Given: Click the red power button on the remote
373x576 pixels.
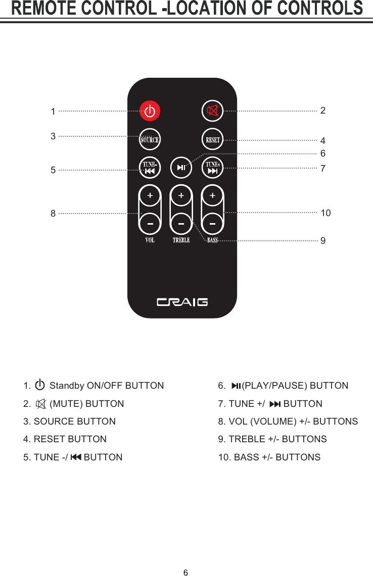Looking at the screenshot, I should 150,111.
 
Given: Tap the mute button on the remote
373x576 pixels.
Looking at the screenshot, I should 213,111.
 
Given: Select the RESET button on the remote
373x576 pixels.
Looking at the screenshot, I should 213,140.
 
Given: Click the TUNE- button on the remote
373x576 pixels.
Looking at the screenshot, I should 150,168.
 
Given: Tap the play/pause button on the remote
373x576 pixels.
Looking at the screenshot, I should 181,168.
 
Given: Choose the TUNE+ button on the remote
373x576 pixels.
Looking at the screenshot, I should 213,168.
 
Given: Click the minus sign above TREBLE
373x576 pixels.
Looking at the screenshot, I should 181,222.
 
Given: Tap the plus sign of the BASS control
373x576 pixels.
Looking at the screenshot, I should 213,195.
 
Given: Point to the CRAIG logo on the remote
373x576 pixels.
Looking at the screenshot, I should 182,302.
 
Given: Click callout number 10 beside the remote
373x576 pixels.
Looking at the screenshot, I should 325,213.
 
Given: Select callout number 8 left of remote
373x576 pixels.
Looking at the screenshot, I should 53,214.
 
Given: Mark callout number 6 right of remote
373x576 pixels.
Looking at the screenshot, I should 323,153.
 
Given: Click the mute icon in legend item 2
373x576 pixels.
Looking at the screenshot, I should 41,404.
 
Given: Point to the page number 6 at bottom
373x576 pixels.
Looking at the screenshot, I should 185,572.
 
